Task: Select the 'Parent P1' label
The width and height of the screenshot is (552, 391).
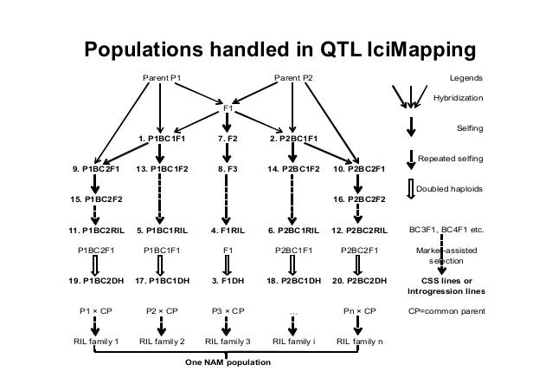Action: (x=162, y=79)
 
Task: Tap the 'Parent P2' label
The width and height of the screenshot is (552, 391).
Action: (x=293, y=79)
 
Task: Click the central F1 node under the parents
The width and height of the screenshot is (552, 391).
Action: (x=228, y=108)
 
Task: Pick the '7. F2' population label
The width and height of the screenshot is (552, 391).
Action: (x=228, y=138)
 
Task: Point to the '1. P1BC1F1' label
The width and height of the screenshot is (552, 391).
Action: (x=162, y=138)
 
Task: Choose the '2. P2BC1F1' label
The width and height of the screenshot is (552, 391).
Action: (x=293, y=138)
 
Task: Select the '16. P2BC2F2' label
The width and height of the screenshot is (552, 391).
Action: (x=359, y=199)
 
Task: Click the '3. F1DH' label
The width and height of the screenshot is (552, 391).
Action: (x=228, y=281)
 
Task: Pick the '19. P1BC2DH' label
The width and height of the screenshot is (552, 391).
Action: (x=95, y=281)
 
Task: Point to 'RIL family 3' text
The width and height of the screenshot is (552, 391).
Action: (x=228, y=341)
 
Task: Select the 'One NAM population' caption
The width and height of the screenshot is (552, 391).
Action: (x=228, y=362)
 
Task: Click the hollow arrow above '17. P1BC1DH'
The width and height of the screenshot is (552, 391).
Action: (x=162, y=264)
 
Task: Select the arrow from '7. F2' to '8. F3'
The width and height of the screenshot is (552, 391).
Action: (x=228, y=153)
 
